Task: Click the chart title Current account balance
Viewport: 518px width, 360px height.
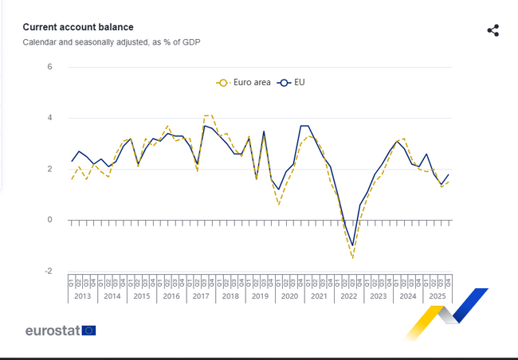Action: pos(78,27)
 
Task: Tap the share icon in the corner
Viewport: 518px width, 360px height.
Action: pos(492,30)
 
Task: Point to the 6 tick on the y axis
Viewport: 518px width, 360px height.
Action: pos(49,67)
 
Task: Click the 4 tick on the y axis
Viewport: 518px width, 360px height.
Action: pos(49,118)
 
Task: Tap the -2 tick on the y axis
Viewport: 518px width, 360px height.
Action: pos(48,271)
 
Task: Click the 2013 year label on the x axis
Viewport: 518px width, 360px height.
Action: pos(83,296)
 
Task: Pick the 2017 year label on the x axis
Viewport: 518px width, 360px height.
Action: pos(200,296)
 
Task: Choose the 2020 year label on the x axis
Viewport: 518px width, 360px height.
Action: pos(288,296)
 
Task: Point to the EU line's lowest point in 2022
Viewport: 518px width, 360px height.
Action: pos(352,245)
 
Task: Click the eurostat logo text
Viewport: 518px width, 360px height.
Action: pos(53,331)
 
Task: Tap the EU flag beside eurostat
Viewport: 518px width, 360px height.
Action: pos(88,331)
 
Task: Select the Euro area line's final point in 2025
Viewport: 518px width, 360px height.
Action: pos(449,182)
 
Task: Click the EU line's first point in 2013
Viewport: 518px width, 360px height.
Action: pos(72,161)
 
